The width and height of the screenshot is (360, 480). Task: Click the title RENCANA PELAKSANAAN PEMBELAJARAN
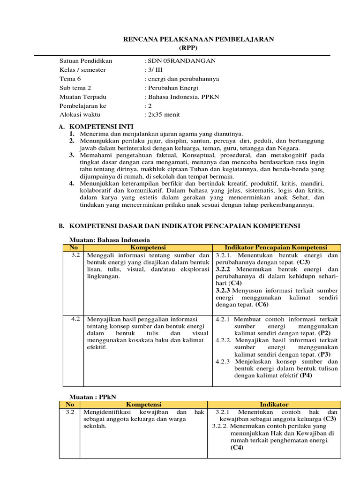click(x=198, y=39)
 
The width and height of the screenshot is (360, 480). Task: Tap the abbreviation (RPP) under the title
click(x=188, y=48)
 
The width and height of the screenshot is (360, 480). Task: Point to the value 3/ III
click(x=153, y=70)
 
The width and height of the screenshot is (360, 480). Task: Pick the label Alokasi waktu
click(x=80, y=114)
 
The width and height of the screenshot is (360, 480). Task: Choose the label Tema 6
click(x=70, y=79)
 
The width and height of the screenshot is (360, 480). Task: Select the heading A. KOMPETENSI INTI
click(x=96, y=127)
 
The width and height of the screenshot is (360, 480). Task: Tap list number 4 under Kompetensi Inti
click(x=72, y=183)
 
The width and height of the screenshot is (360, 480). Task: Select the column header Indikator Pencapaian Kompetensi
click(x=276, y=247)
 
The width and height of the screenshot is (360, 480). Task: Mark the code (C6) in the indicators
click(x=262, y=304)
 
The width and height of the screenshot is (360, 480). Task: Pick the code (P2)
click(x=324, y=333)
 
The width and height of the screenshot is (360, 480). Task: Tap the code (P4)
click(x=307, y=375)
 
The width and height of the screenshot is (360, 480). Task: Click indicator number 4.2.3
click(x=223, y=361)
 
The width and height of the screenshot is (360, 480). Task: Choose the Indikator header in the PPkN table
click(x=274, y=404)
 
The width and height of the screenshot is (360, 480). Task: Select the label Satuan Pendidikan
click(x=86, y=61)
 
